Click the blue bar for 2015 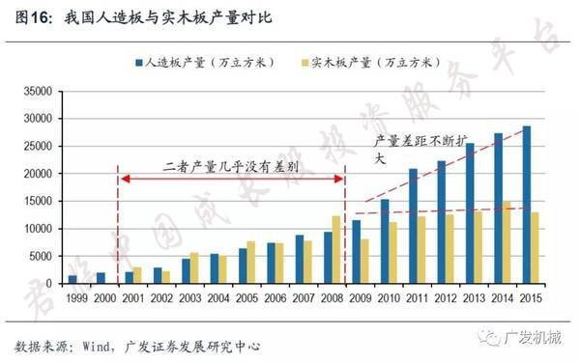pyautogui.click(x=527, y=205)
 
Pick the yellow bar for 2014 pyautogui.click(x=507, y=242)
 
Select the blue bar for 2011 pyautogui.click(x=414, y=227)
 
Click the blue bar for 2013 pyautogui.click(x=471, y=213)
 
